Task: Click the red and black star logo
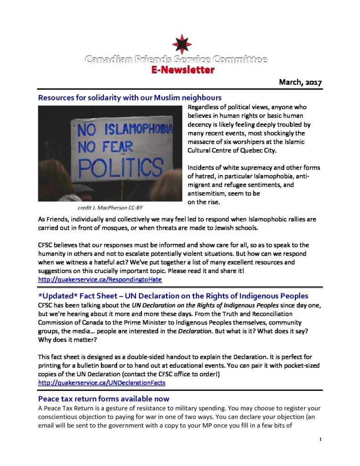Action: click(x=181, y=44)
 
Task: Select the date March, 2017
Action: click(x=300, y=82)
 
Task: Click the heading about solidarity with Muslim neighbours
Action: click(x=130, y=97)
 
